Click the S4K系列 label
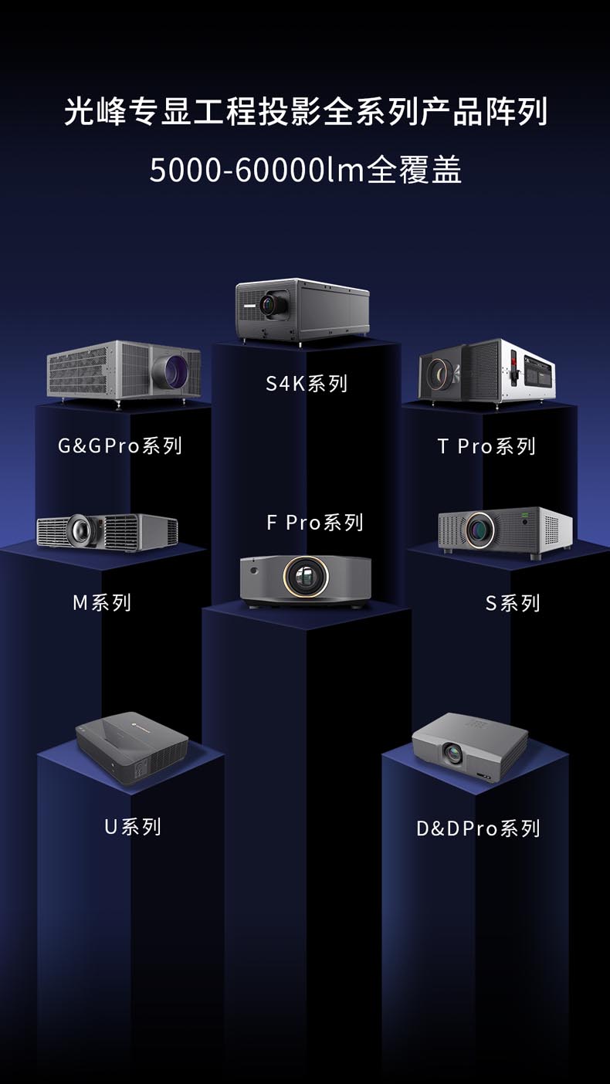tap(307, 384)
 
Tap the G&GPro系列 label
tap(120, 445)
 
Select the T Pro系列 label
tap(486, 446)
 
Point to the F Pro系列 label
tap(315, 522)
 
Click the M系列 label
tap(102, 602)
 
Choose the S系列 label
tap(513, 603)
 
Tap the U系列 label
tap(133, 827)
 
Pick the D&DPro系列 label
tap(478, 828)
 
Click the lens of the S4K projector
tap(269, 304)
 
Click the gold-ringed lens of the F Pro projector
tap(306, 577)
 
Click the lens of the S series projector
tap(480, 530)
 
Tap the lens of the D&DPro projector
tap(453, 753)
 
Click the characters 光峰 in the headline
tap(96, 112)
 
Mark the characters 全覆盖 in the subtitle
tap(414, 170)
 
